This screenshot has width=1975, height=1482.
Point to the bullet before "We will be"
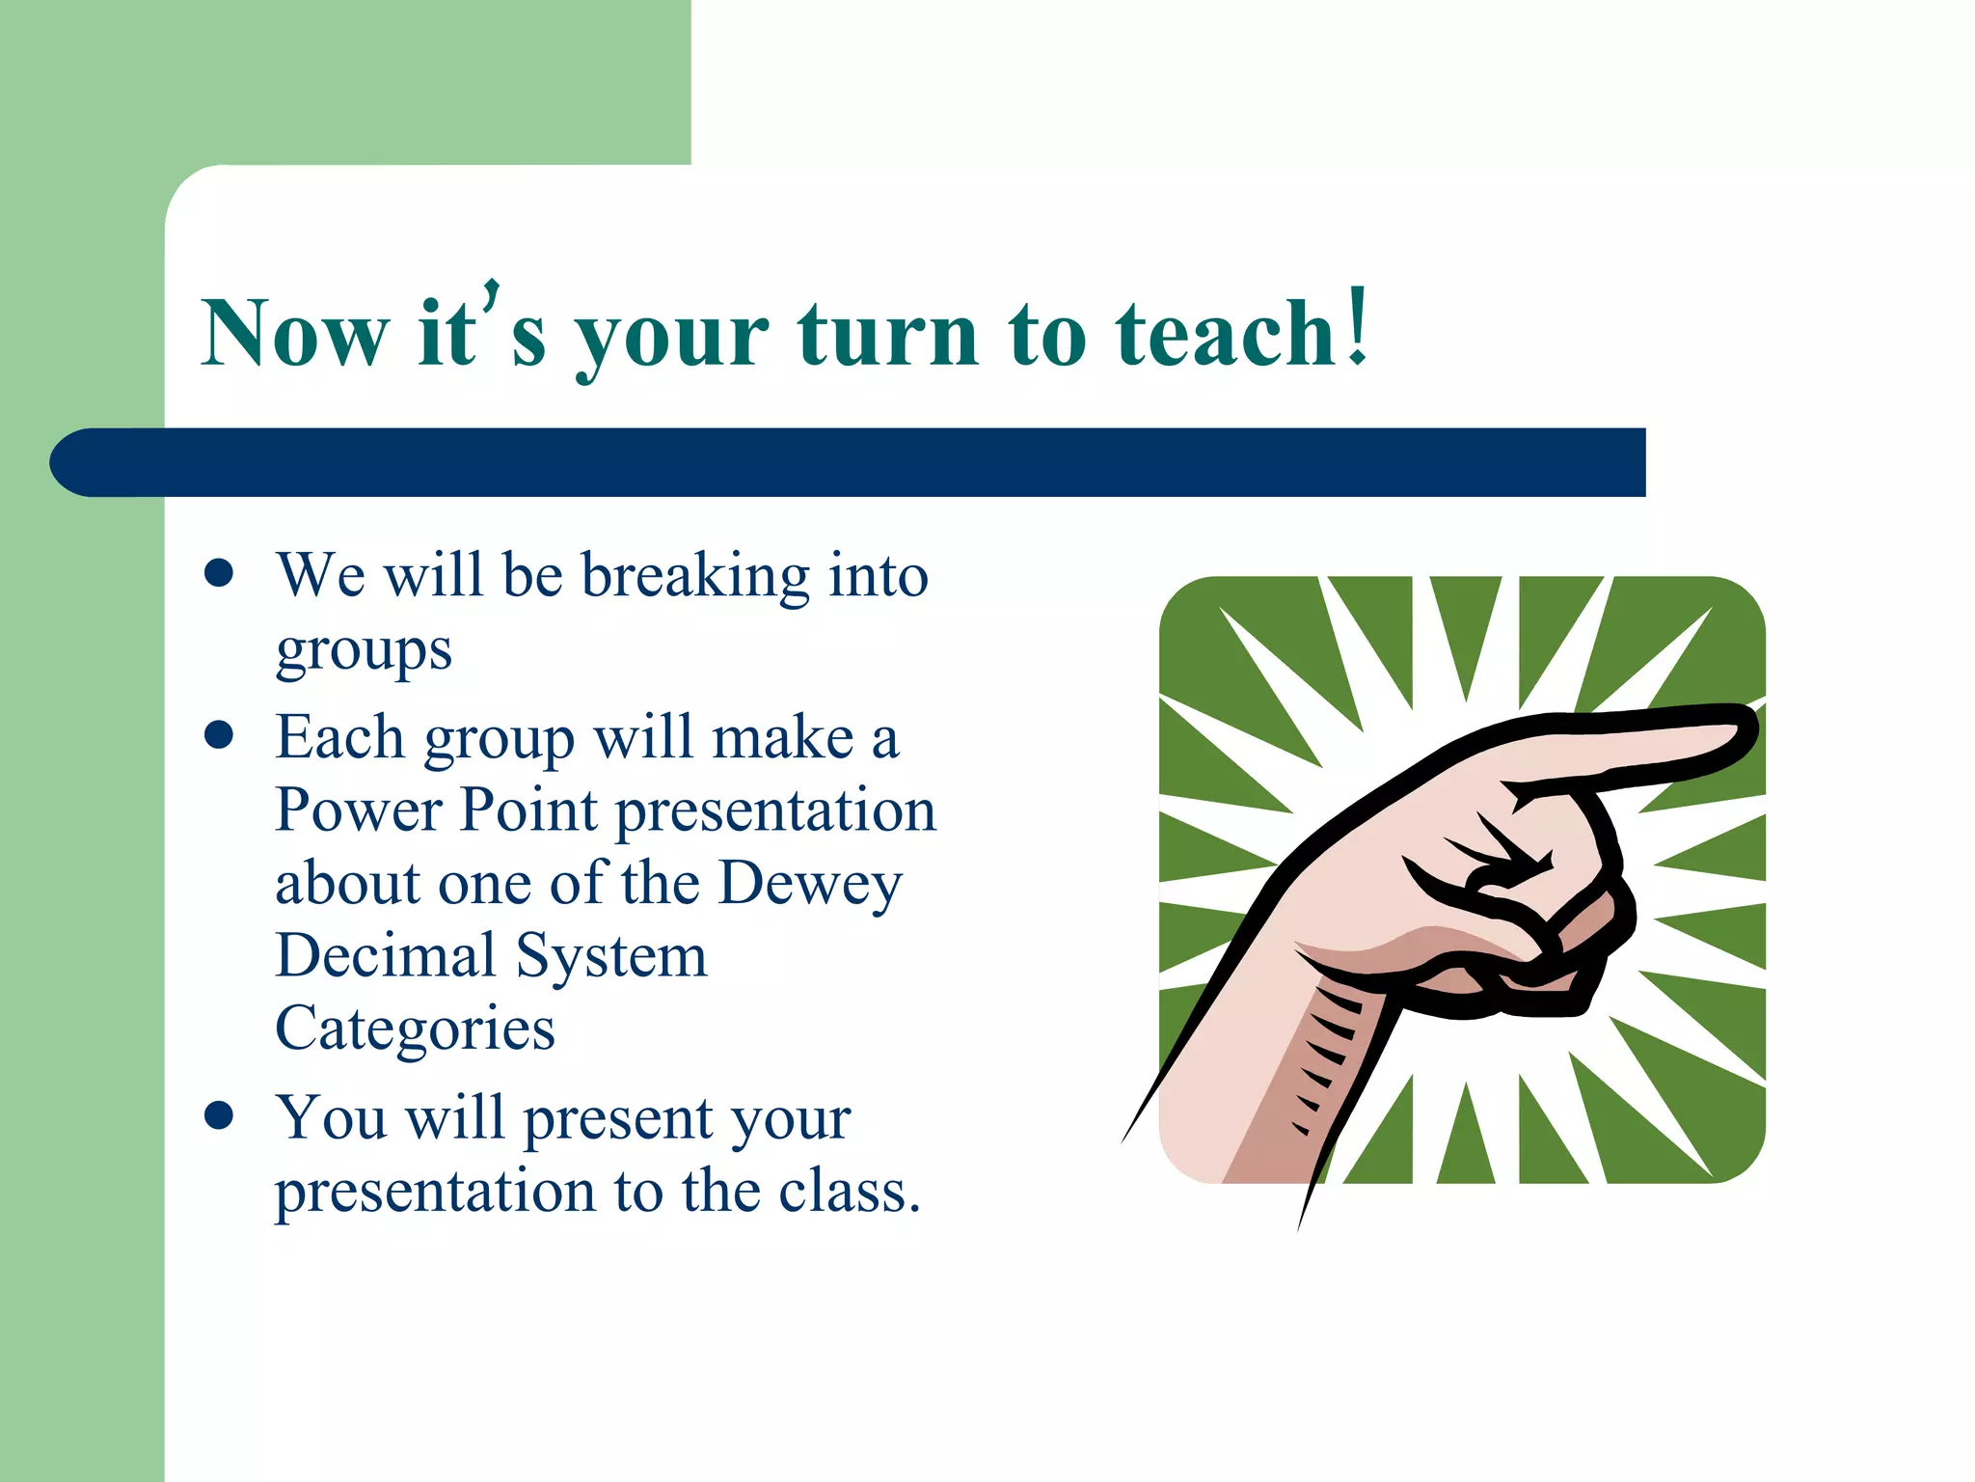[x=220, y=572]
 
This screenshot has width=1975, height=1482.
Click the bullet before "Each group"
[x=220, y=735]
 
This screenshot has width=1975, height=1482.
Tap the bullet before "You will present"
[x=220, y=1115]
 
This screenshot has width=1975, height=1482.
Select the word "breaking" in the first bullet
[x=695, y=577]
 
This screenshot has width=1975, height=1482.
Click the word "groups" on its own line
[x=364, y=651]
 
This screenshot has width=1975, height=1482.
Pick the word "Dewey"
[x=810, y=884]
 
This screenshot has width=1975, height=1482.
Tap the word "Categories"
[x=415, y=1029]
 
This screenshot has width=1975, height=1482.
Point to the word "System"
[x=611, y=957]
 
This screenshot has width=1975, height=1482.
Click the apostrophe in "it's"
[x=492, y=294]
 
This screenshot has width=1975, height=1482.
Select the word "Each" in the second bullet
[x=339, y=738]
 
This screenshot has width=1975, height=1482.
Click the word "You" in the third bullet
[x=332, y=1118]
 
